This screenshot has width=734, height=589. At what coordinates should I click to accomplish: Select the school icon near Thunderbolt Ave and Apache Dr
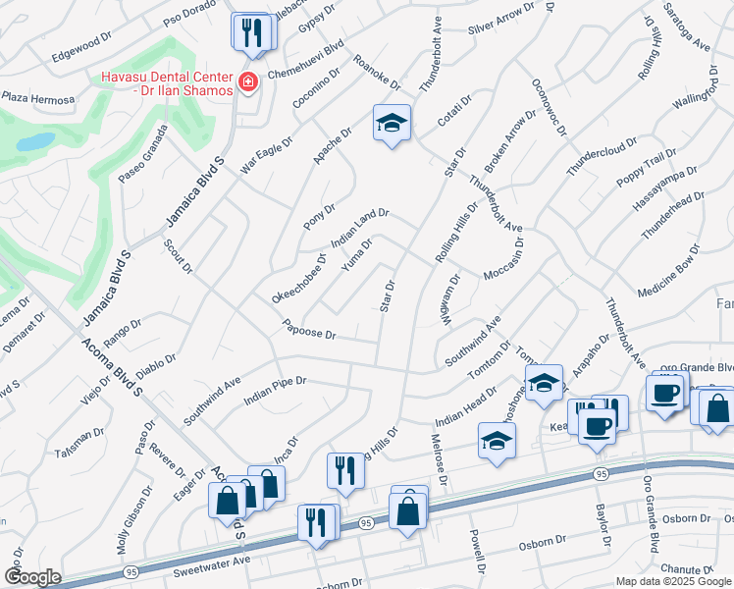[392, 124]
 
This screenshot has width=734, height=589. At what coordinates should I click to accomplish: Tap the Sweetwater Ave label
[212, 567]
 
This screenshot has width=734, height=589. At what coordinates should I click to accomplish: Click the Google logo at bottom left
[31, 577]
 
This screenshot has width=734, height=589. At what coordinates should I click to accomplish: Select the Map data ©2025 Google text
[672, 581]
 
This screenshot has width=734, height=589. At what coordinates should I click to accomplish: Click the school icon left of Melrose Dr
[498, 442]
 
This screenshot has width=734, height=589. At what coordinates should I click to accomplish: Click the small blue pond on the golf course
[35, 141]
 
